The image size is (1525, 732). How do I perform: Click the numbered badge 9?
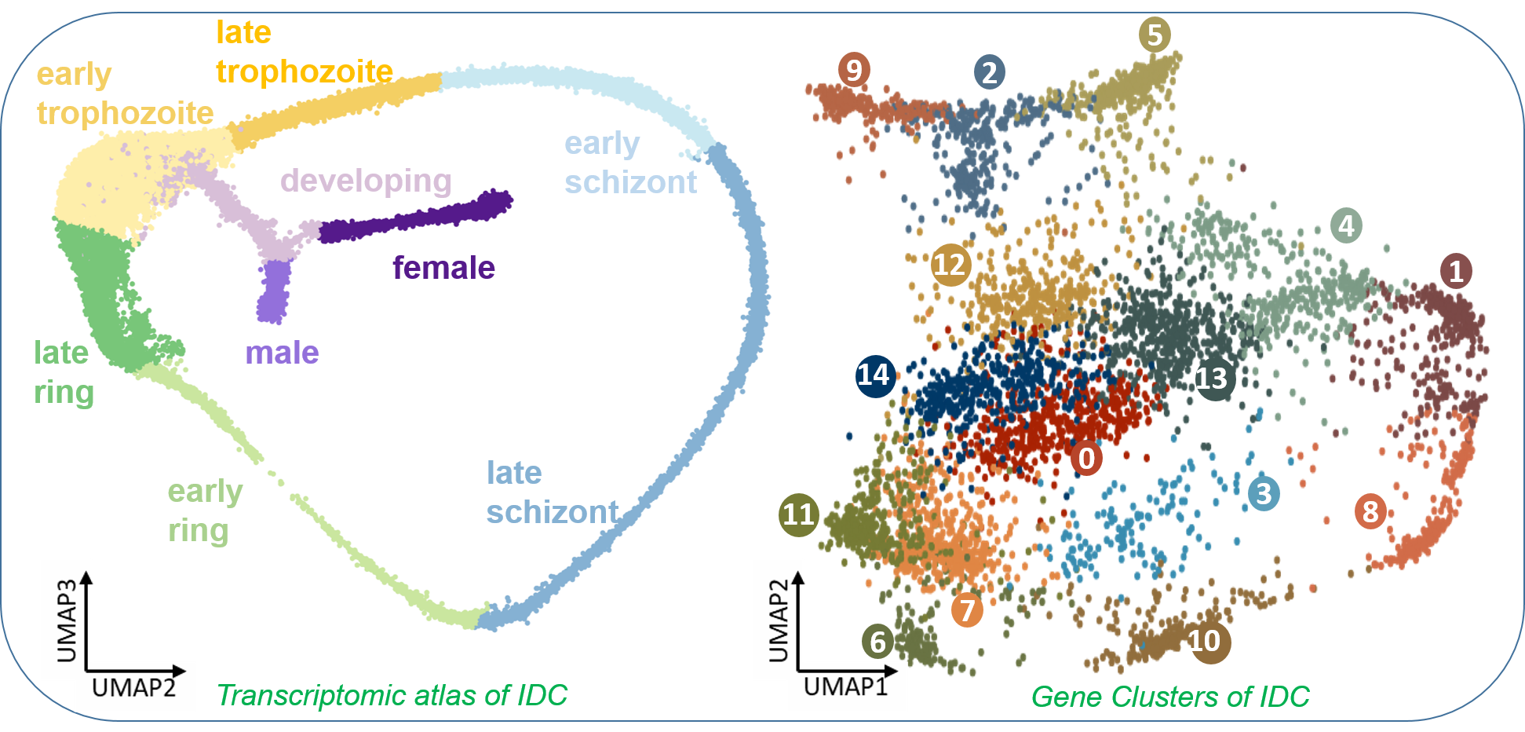[x=854, y=70]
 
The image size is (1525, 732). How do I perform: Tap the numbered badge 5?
[x=1155, y=35]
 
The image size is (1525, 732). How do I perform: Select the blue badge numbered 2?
[x=990, y=72]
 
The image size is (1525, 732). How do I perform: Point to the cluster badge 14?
[x=875, y=375]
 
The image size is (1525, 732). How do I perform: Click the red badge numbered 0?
[x=1086, y=458]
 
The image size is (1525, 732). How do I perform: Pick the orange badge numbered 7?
[x=967, y=609]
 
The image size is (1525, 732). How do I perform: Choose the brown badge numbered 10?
[x=1207, y=642]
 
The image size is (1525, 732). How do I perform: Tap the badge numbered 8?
[x=1370, y=512]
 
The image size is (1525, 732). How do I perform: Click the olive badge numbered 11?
[x=799, y=514]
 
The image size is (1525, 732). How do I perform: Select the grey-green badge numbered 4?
[x=1346, y=226]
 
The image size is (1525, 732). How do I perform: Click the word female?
[x=443, y=268]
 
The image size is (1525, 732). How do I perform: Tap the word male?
[x=282, y=353]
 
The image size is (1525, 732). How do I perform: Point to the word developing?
[x=366, y=181]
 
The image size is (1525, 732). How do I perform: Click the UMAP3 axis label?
[x=67, y=620]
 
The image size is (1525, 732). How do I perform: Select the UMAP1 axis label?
[x=845, y=686]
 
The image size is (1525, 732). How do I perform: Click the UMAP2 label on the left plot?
[x=133, y=688]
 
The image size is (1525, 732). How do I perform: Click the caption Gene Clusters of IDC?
[x=1169, y=697]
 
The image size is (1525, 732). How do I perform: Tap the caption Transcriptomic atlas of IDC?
[x=392, y=695]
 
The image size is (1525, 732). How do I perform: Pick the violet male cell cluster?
[x=275, y=291]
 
